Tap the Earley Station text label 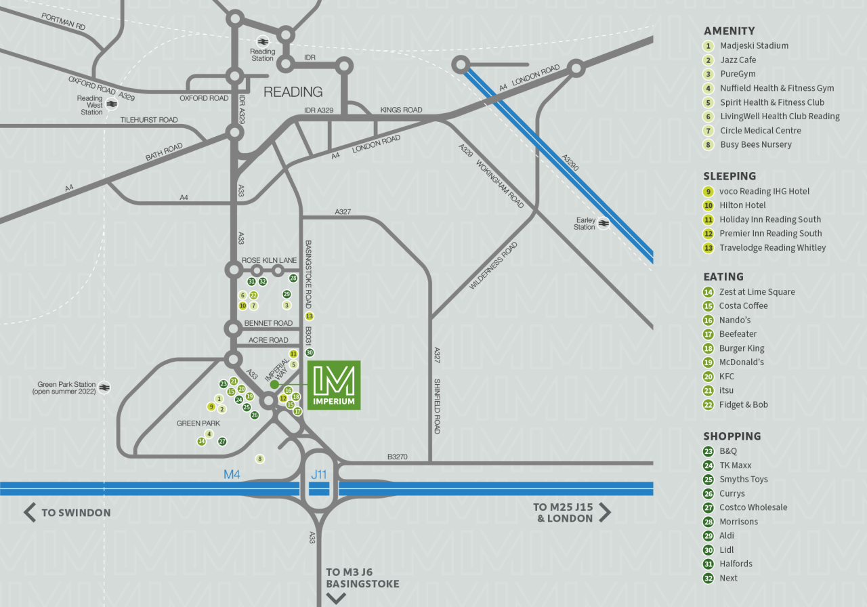pos(585,224)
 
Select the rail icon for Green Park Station pos(104,388)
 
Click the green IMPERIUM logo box pos(334,385)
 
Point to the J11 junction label pos(318,474)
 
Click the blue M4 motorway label pos(232,474)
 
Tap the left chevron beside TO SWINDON pos(30,512)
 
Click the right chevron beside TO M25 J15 pos(605,512)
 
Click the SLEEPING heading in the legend pos(729,176)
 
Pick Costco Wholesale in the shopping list pos(753,507)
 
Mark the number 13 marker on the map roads pos(310,316)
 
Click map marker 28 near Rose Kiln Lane pos(293,278)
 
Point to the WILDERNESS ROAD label pos(493,266)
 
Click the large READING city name pos(293,91)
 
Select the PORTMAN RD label pos(63,22)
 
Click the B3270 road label pos(397,457)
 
